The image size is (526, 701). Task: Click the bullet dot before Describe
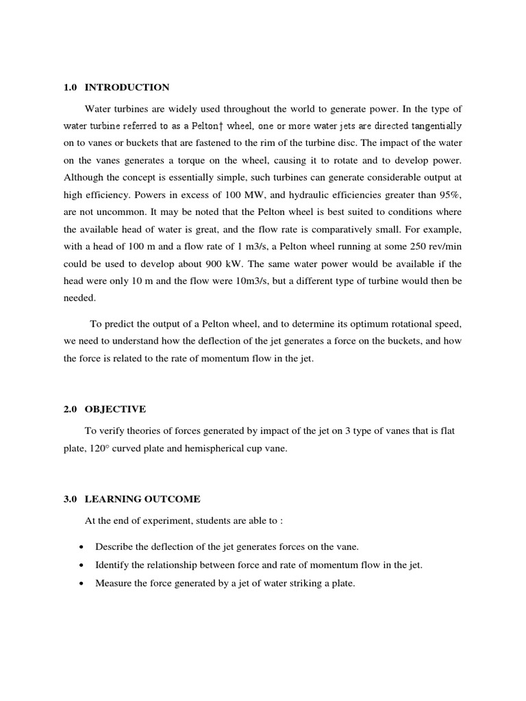[82, 546]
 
